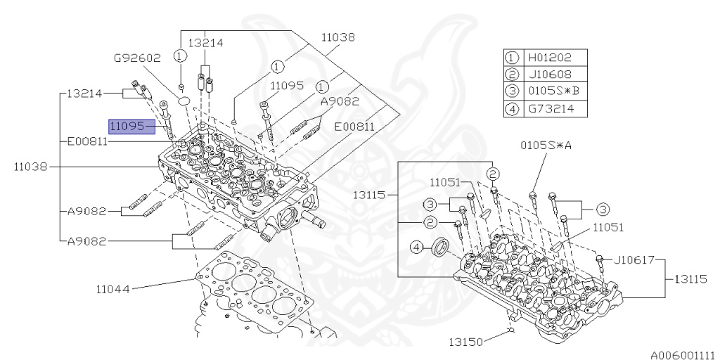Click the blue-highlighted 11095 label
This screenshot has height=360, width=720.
click(x=131, y=127)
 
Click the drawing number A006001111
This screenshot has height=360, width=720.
click(x=681, y=354)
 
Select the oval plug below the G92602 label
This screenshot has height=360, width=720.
click(x=184, y=101)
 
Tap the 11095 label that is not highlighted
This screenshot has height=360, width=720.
click(x=287, y=86)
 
